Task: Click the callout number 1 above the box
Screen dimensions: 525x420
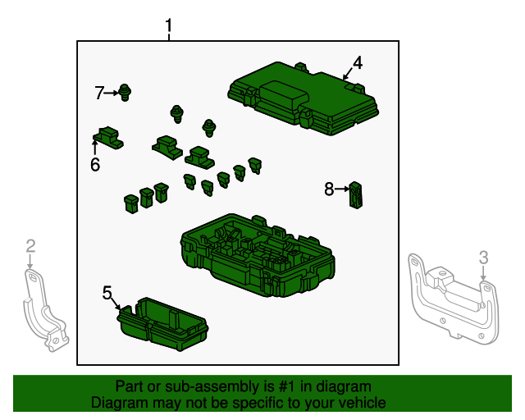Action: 168,25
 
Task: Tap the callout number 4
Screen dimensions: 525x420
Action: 358,63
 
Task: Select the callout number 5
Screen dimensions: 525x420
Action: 107,293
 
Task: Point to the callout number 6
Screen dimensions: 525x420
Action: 95,164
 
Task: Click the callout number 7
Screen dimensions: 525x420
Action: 99,93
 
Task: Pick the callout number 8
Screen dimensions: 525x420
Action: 329,189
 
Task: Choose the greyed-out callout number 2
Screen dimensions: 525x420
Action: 30,246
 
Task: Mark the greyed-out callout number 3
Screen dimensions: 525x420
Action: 483,258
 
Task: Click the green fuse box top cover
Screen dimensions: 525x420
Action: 303,98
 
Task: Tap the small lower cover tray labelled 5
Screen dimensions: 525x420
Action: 162,324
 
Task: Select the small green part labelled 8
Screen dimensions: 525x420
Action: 355,195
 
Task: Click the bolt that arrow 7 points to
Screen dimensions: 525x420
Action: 126,93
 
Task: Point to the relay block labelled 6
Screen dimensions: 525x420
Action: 107,137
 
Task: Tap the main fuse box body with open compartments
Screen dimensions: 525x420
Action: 257,256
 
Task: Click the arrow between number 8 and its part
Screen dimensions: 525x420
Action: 341,189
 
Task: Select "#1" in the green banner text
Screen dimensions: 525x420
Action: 286,386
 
